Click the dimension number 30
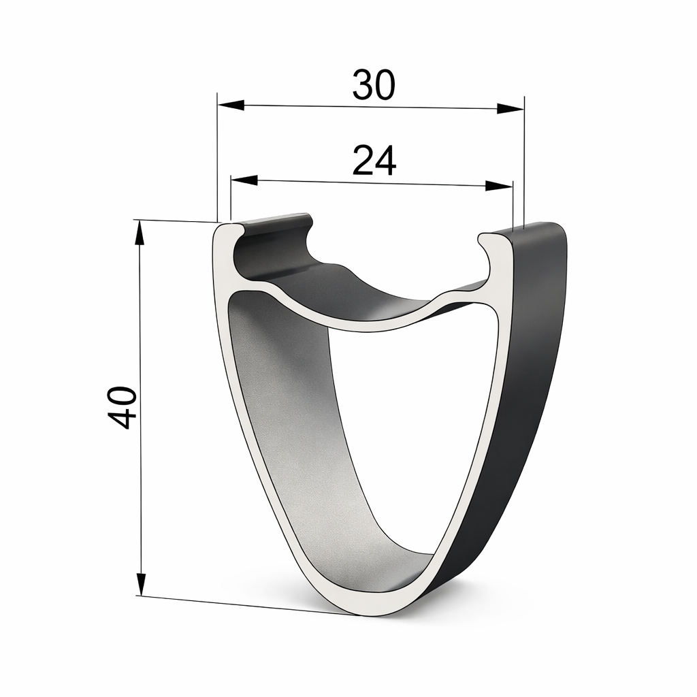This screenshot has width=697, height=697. (x=374, y=86)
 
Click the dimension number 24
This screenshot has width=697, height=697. (x=374, y=161)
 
